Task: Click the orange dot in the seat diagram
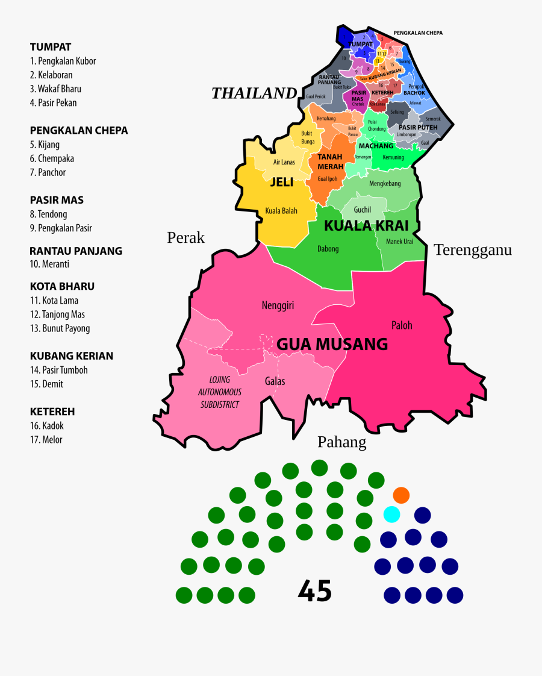point(401,495)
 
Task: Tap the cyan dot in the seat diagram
point(391,514)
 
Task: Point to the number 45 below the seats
point(315,592)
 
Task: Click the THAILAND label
point(254,93)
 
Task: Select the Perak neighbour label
point(186,238)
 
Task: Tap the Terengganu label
point(473,250)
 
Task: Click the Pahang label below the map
point(341,443)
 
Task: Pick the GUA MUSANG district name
point(332,345)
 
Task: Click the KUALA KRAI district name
point(366,226)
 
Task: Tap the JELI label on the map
point(281,182)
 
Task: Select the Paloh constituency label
point(402,325)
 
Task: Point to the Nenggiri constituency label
point(278,305)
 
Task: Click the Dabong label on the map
point(328,249)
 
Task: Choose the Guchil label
point(363,210)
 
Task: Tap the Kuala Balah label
point(281,211)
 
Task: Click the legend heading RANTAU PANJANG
point(76,251)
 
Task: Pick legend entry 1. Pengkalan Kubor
point(63,61)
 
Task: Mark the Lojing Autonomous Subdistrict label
point(220,392)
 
